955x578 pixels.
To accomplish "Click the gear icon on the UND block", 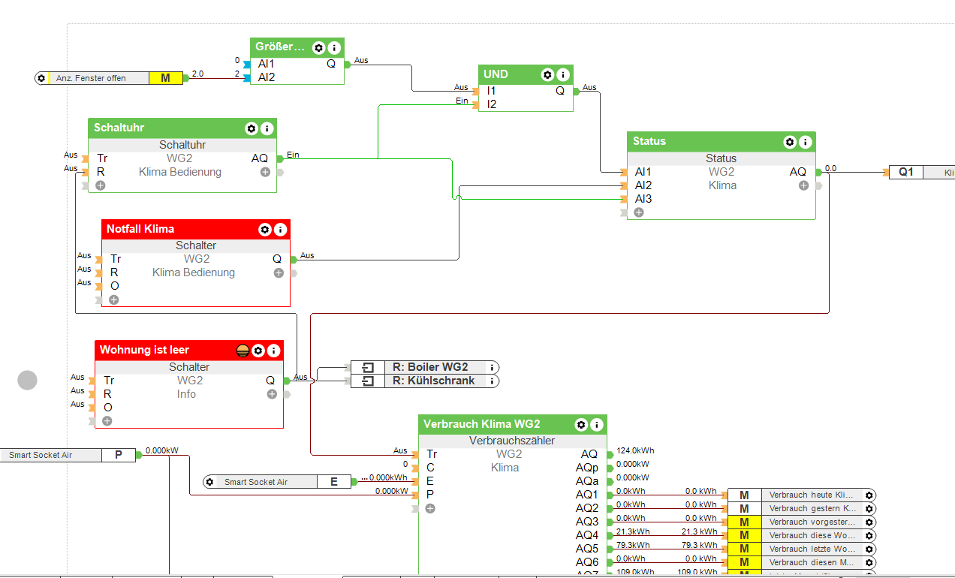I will [548, 74].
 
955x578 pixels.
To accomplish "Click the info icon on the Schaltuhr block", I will [267, 128].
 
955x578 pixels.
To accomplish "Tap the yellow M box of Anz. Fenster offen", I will [165, 78].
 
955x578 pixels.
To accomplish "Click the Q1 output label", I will [906, 172].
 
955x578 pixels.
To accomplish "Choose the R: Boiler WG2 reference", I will [429, 367].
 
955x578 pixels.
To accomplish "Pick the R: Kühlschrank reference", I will [433, 381].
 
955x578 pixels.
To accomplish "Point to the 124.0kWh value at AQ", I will [635, 450].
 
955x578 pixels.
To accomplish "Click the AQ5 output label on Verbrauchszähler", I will [587, 549].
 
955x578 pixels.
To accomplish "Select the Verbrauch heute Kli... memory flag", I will [811, 495].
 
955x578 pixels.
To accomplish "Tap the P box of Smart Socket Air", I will [118, 455].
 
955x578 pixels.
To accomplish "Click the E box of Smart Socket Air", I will [334, 482].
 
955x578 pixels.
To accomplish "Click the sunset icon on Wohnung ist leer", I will [243, 351].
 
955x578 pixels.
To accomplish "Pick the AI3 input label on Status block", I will [643, 199].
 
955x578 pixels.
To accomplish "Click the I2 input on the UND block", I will [492, 104].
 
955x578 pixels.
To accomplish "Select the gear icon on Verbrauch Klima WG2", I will [580, 425].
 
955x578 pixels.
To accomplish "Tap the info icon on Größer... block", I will [334, 47].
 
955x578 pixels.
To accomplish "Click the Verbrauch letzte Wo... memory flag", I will [811, 549].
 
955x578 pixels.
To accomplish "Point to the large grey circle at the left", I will [27, 381].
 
